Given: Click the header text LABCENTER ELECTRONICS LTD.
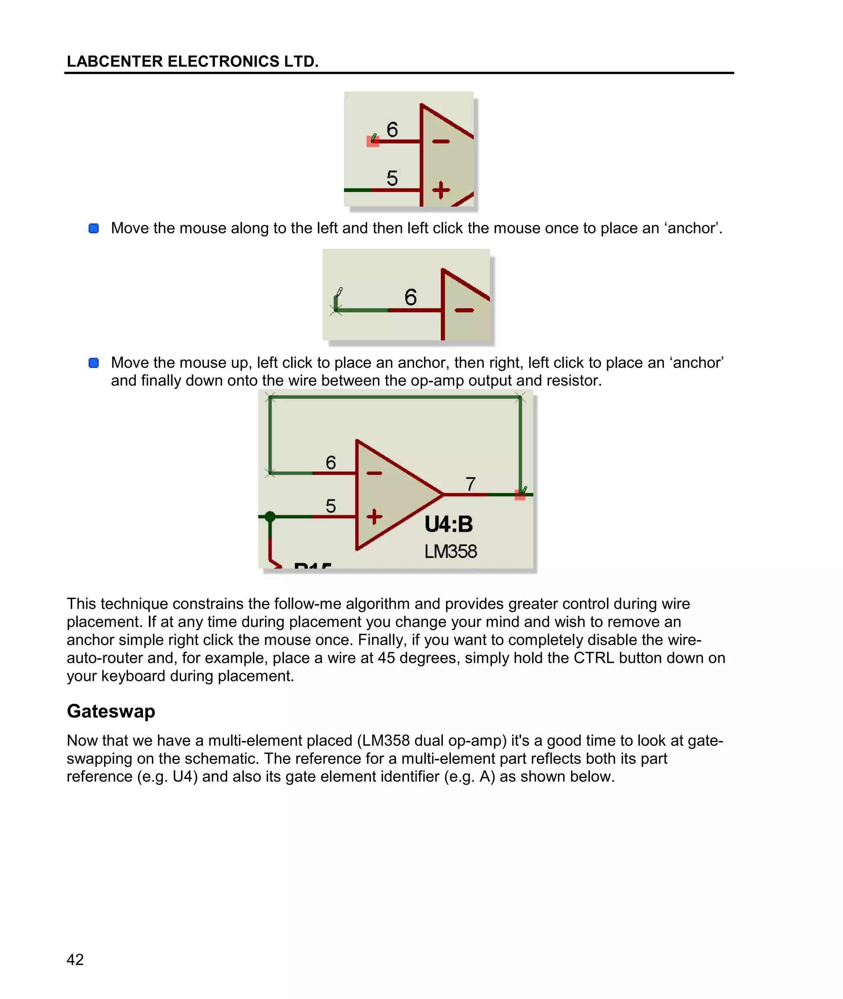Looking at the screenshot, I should coord(192,62).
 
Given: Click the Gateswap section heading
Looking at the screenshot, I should coord(111,711).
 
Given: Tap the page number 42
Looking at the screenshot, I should coord(75,959).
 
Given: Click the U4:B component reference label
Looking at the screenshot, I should coord(448,524).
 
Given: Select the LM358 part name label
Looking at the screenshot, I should coord(450,551).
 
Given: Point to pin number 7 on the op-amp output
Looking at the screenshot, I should coord(471,484).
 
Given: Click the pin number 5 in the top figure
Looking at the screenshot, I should coord(392,178).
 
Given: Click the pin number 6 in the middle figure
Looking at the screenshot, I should coord(410,297).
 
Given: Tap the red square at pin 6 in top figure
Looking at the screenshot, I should coord(372,142).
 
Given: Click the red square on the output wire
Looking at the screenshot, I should coord(520,495).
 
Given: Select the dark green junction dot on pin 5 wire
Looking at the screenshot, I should coord(270,517).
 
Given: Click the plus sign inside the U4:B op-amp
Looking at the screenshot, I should coord(374,517).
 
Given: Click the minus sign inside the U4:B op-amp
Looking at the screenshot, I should coord(374,473).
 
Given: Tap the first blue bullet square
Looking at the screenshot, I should coord(94,228).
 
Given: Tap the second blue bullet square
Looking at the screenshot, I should coord(94,363).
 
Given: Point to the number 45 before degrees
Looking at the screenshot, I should coord(386,658).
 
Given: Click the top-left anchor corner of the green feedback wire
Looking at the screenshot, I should coord(270,397).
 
